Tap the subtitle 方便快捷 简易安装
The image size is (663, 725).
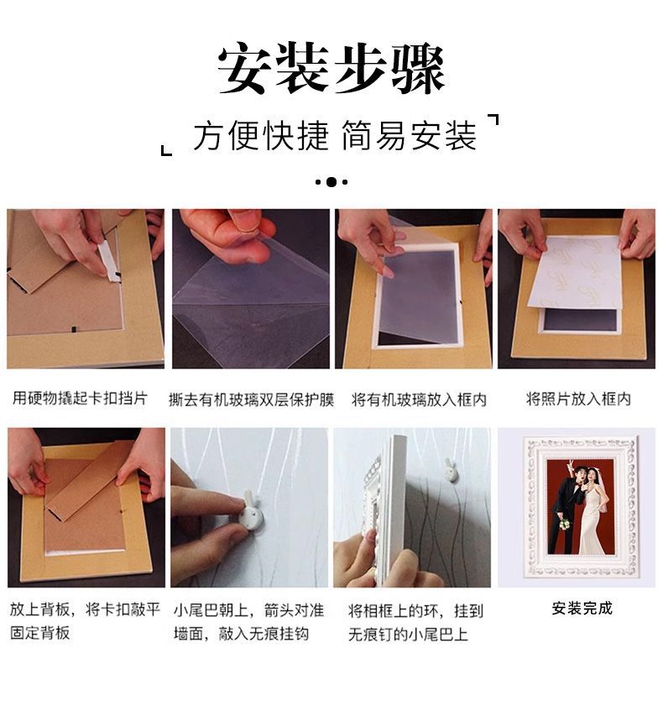tap(335, 136)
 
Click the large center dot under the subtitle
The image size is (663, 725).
tap(331, 182)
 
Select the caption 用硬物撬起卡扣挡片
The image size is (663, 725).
tap(80, 398)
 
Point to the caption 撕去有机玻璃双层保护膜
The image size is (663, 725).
tap(251, 399)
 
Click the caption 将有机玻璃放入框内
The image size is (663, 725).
tap(419, 399)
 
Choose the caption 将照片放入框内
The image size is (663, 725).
tap(578, 399)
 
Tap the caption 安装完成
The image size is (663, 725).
tap(582, 608)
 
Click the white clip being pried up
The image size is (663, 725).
tap(108, 261)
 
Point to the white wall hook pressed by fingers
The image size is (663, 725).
tap(252, 511)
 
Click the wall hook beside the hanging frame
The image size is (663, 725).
tap(449, 470)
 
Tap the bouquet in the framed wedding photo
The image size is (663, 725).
tap(564, 524)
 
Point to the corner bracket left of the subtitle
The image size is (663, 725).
tap(166, 150)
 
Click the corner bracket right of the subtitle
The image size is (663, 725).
tap(493, 120)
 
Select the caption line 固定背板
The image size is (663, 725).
tap(40, 632)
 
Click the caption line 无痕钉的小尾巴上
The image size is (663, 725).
tap(408, 634)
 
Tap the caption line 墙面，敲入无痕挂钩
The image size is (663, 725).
tap(241, 633)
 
